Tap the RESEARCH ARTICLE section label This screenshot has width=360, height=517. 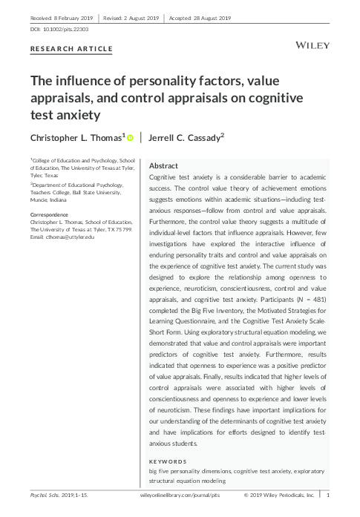(71, 49)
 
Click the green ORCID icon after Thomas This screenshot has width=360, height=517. (130, 137)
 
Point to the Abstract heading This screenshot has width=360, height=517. (164, 165)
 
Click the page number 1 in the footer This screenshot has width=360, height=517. (328, 494)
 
